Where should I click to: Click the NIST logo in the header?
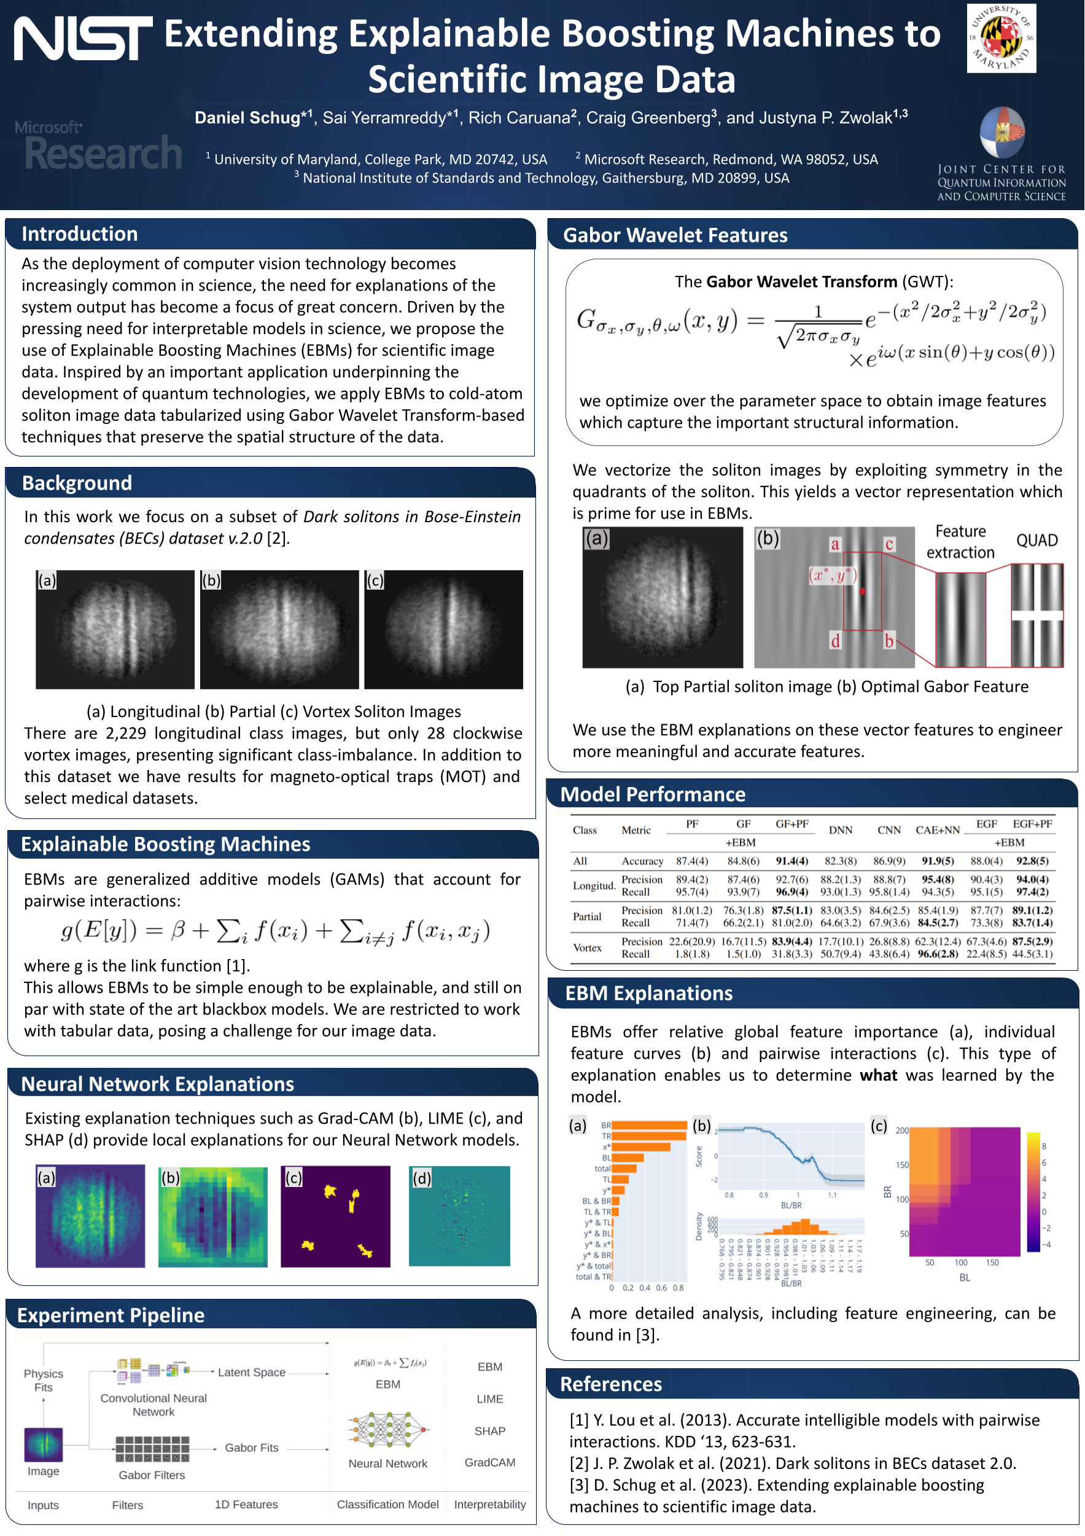pos(83,39)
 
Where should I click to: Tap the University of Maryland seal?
pos(1001,38)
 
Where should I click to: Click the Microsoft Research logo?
pos(98,146)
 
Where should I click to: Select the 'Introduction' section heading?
pos(80,233)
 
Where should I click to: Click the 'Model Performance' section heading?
pos(652,794)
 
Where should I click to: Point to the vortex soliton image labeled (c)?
pos(443,629)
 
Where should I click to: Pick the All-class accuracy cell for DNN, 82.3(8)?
pos(841,861)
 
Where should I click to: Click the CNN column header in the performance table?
pos(889,829)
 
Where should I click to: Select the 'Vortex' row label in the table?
pos(587,947)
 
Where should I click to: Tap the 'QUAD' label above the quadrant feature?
pos(1036,541)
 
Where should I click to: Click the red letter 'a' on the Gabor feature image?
pos(835,544)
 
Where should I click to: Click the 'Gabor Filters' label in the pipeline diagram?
pos(152,1475)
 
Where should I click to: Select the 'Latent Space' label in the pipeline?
pos(251,1372)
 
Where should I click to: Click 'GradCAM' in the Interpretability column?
pos(489,1462)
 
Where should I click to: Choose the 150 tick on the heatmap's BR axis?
pos(902,1165)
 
